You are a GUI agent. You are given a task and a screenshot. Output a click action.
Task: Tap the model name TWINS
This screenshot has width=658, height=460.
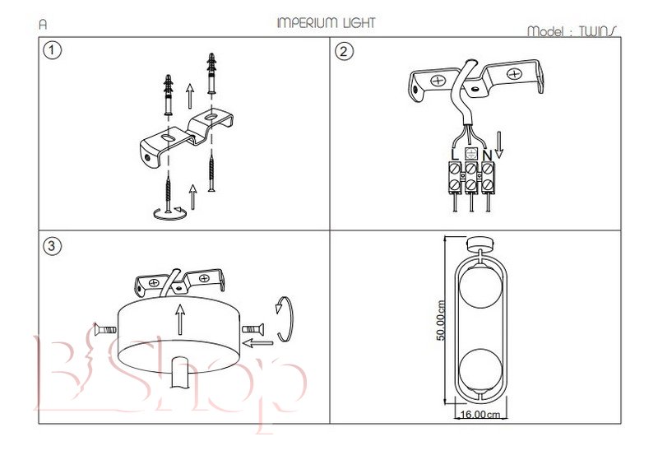tap(597, 31)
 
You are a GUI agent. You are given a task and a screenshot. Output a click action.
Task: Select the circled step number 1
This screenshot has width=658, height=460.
tap(52, 51)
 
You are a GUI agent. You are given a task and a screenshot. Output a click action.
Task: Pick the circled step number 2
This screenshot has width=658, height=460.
tap(345, 51)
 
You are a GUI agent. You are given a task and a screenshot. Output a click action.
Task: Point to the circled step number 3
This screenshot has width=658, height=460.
tap(52, 246)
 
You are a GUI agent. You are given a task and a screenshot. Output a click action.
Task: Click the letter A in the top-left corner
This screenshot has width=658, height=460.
tap(43, 25)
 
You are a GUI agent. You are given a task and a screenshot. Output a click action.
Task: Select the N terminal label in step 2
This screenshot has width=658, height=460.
tap(487, 154)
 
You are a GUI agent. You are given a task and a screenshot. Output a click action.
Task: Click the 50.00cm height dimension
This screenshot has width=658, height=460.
tap(441, 320)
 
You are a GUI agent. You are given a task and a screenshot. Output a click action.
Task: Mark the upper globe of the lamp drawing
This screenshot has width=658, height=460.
tap(480, 286)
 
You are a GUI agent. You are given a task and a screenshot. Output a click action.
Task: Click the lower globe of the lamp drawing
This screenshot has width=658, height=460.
tap(480, 369)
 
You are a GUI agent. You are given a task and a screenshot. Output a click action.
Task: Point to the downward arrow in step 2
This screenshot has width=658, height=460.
tap(498, 146)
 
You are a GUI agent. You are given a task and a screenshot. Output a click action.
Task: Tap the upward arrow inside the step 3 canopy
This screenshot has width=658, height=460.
tap(179, 318)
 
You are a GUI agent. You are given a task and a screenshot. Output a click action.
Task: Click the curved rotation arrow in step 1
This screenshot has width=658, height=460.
tap(167, 214)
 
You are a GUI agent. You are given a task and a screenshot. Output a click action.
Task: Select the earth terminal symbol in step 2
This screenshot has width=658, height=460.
tap(471, 154)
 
